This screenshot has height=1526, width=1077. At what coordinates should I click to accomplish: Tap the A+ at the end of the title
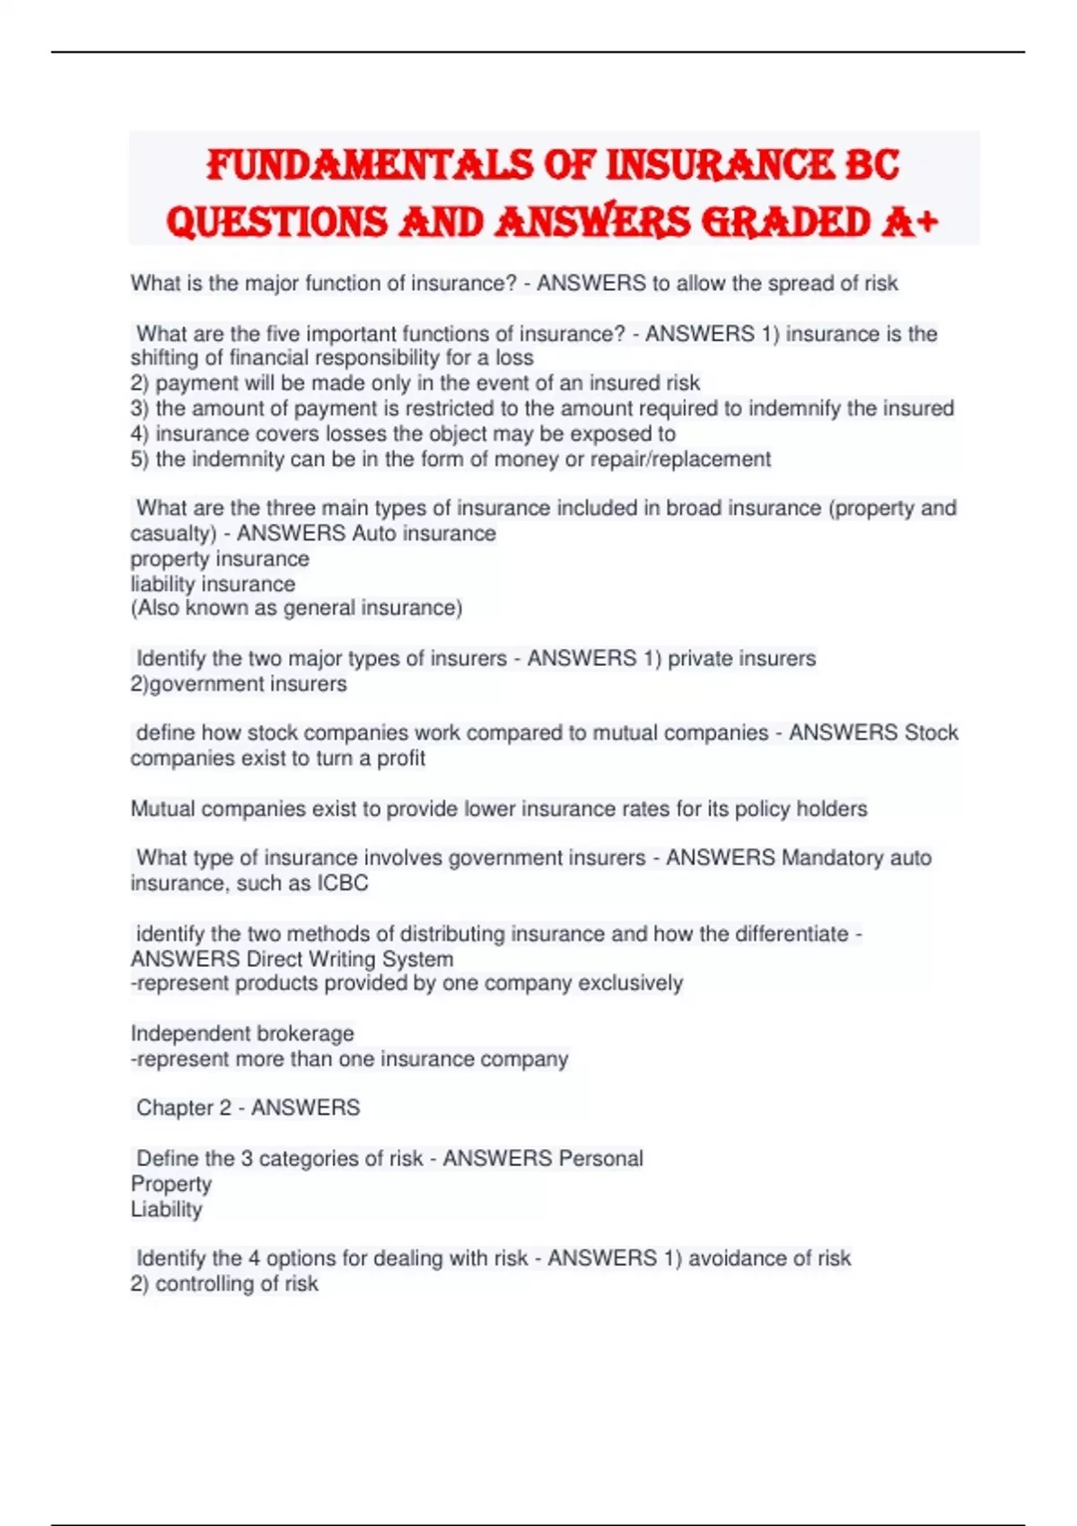[x=908, y=222]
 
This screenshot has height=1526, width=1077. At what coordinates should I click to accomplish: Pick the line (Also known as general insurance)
[x=296, y=609]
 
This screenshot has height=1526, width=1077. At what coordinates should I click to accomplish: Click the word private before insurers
[x=700, y=659]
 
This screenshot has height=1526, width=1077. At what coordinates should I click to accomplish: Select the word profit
[x=400, y=759]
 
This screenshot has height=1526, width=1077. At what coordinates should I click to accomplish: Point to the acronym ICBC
[x=342, y=883]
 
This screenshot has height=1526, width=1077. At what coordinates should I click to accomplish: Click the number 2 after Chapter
[x=225, y=1109]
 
